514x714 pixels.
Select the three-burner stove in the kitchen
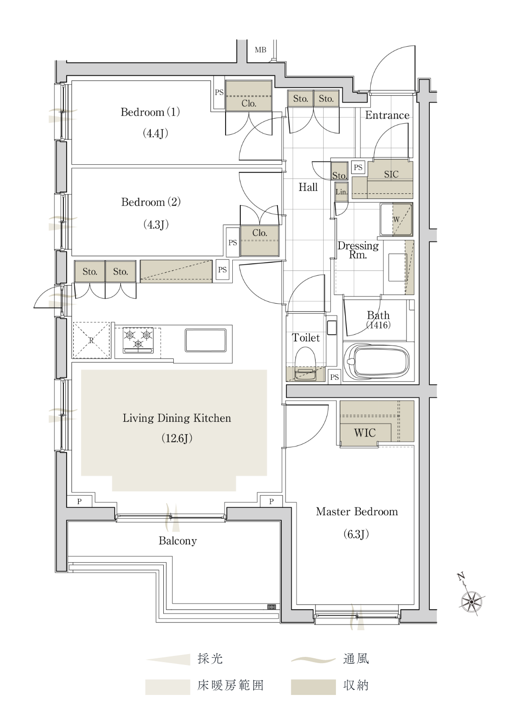click(x=138, y=340)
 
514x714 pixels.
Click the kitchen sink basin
click(x=206, y=340)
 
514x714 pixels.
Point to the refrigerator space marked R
click(x=91, y=340)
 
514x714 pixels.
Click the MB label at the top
click(x=260, y=50)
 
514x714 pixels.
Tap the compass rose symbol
click(x=471, y=601)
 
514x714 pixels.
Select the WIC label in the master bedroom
click(x=365, y=433)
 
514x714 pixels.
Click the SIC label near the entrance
click(x=391, y=174)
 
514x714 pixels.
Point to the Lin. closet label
click(x=341, y=192)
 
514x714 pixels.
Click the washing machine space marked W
click(x=396, y=219)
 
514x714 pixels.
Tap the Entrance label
click(x=387, y=115)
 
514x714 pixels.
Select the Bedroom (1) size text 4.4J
click(x=155, y=133)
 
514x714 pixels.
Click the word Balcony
click(x=178, y=541)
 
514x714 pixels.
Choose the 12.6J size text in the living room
click(x=177, y=438)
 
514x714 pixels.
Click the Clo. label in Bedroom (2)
click(x=259, y=233)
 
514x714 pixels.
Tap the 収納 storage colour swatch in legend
click(x=313, y=687)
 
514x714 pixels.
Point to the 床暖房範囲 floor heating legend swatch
click(x=168, y=687)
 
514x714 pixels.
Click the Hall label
click(x=308, y=187)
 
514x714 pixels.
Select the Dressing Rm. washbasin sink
click(x=398, y=267)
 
